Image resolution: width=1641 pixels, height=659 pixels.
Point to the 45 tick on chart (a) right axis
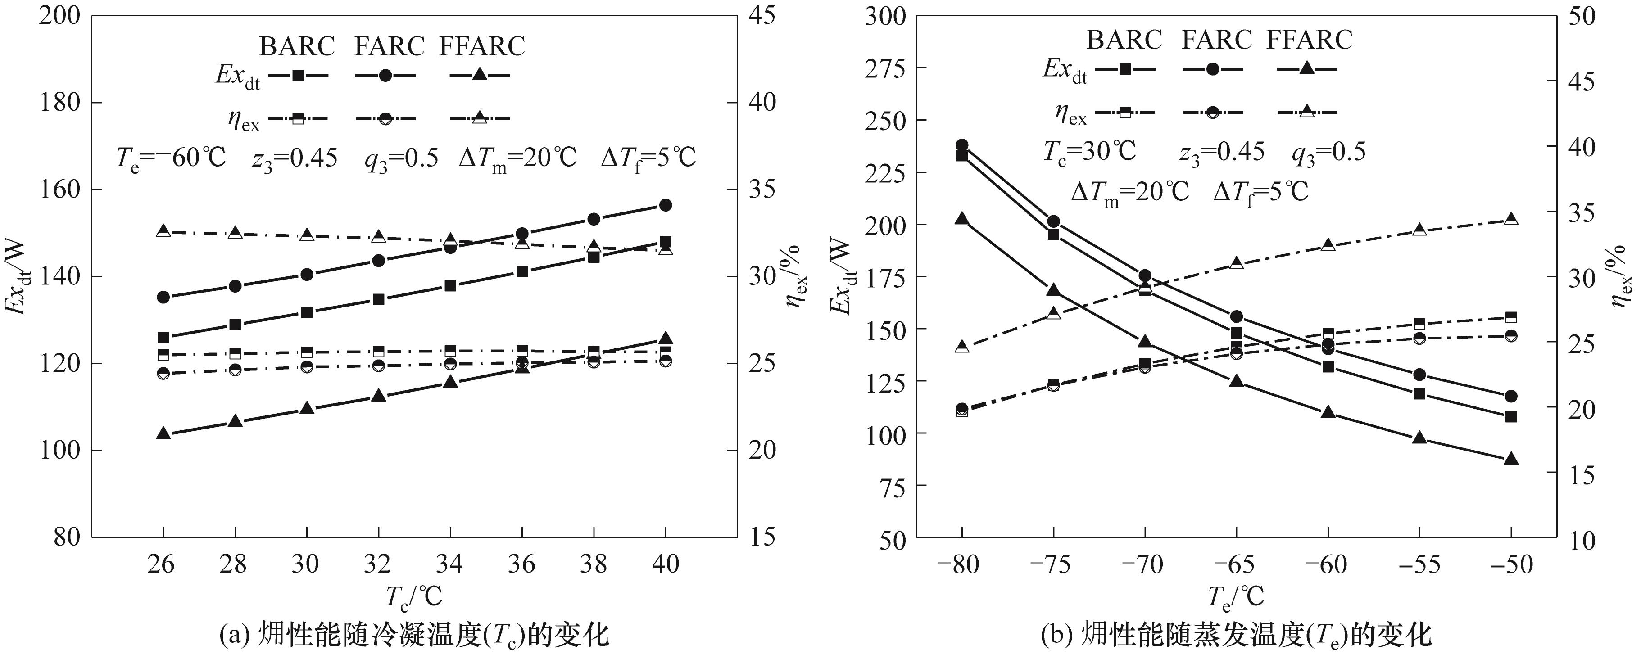pyautogui.click(x=764, y=15)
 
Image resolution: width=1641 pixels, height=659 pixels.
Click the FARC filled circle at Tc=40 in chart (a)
pyautogui.click(x=666, y=205)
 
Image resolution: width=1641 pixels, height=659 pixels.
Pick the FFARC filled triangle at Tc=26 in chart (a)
pyautogui.click(x=163, y=433)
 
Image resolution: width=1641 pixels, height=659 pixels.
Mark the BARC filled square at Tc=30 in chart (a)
pyautogui.click(x=306, y=312)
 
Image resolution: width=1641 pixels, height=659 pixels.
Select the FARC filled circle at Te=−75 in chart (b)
pyautogui.click(x=1054, y=221)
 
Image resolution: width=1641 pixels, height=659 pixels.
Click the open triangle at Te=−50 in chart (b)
pyautogui.click(x=1510, y=219)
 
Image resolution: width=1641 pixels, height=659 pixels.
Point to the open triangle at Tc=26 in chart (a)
pyautogui.click(x=163, y=230)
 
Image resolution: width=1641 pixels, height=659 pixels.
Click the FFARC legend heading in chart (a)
pyautogui.click(x=482, y=46)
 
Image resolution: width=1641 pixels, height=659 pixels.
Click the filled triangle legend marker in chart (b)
pyautogui.click(x=1306, y=68)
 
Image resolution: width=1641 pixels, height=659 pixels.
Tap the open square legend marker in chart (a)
pyautogui.click(x=298, y=118)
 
